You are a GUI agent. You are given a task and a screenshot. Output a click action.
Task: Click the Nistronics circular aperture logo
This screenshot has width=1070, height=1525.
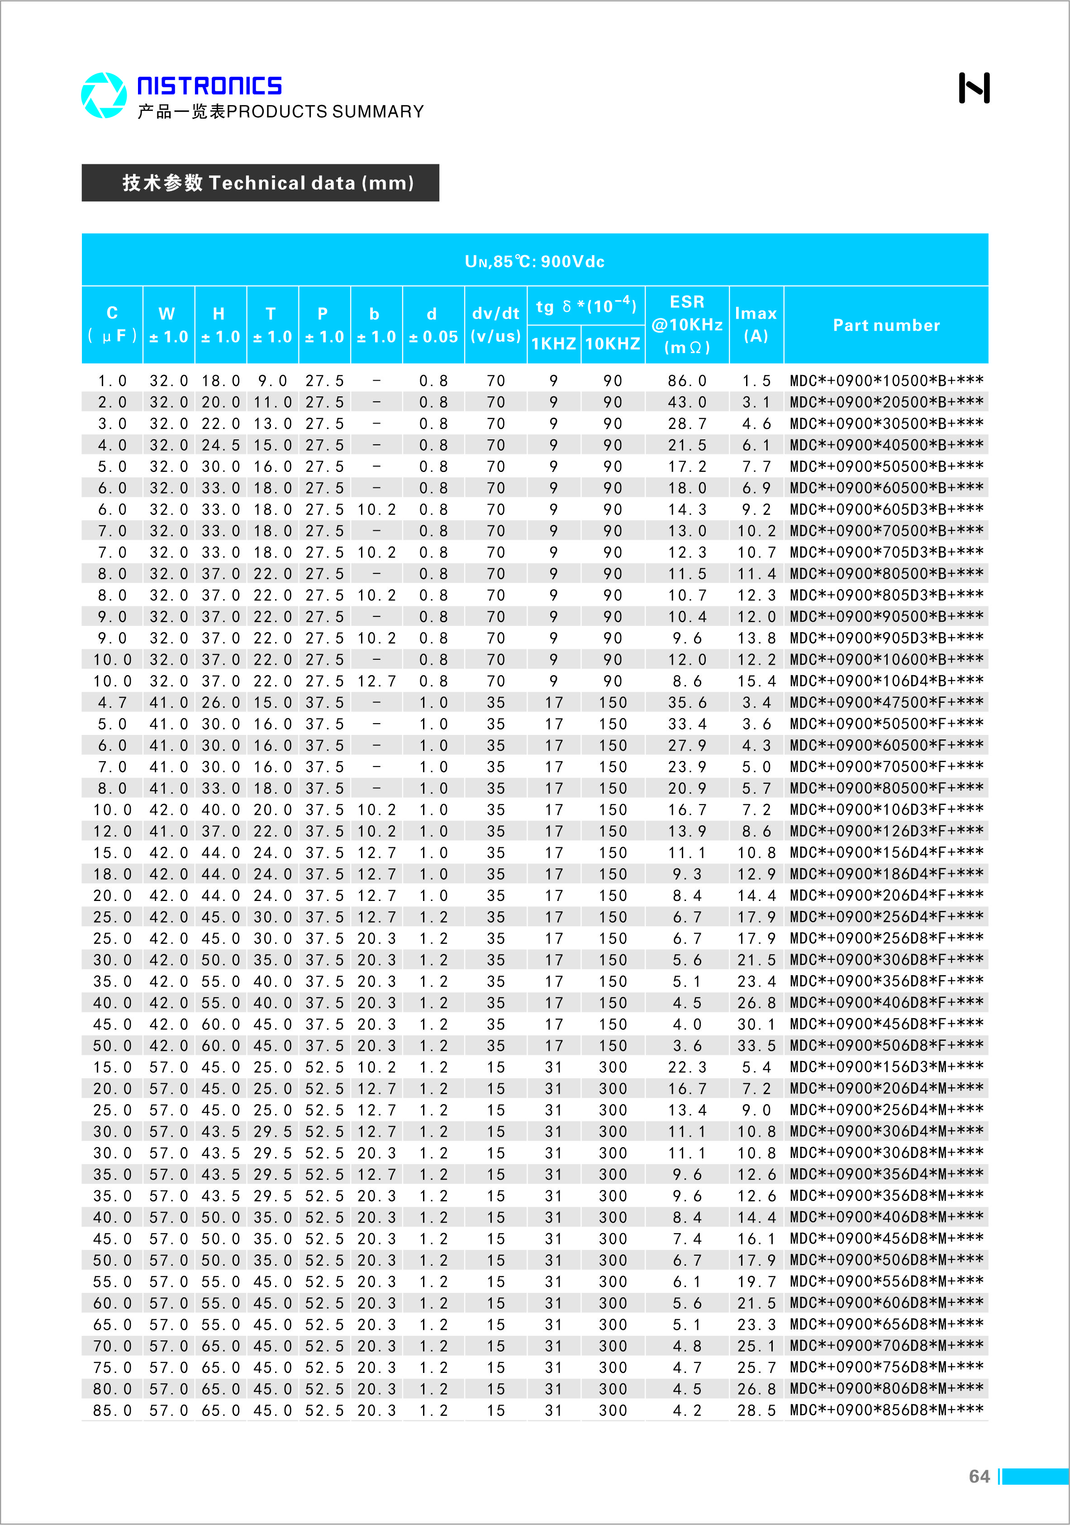[x=104, y=95]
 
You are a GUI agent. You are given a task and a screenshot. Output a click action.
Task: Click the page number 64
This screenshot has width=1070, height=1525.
[x=979, y=1476]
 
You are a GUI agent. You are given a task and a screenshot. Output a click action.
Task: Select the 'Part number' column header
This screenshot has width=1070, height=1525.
[x=886, y=325]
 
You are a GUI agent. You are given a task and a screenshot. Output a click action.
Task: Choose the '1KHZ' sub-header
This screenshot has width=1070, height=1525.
[x=553, y=343]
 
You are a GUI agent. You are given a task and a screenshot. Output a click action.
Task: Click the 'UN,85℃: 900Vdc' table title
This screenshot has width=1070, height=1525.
[x=535, y=261]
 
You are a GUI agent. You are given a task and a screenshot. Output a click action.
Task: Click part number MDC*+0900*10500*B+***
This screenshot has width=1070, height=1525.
[x=886, y=381]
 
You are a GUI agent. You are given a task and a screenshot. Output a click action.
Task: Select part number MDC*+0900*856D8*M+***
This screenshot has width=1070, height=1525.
[x=886, y=1410]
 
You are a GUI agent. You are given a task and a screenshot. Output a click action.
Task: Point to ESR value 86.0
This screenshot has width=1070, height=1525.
[x=687, y=381]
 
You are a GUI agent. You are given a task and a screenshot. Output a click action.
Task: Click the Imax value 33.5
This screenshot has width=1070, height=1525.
[x=756, y=1045]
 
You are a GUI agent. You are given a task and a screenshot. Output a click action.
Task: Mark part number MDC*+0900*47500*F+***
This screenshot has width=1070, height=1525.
[x=886, y=702]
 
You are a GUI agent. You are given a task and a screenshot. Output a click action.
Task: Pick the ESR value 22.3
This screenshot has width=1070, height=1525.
[x=687, y=1067]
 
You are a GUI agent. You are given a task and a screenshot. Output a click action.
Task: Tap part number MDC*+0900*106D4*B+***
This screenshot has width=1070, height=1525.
[x=886, y=681]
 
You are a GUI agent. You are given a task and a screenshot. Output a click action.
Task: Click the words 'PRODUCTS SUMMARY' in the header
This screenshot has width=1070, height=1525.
[x=325, y=112]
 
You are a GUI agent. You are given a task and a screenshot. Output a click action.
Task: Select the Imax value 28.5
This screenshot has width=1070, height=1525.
[x=756, y=1410]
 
